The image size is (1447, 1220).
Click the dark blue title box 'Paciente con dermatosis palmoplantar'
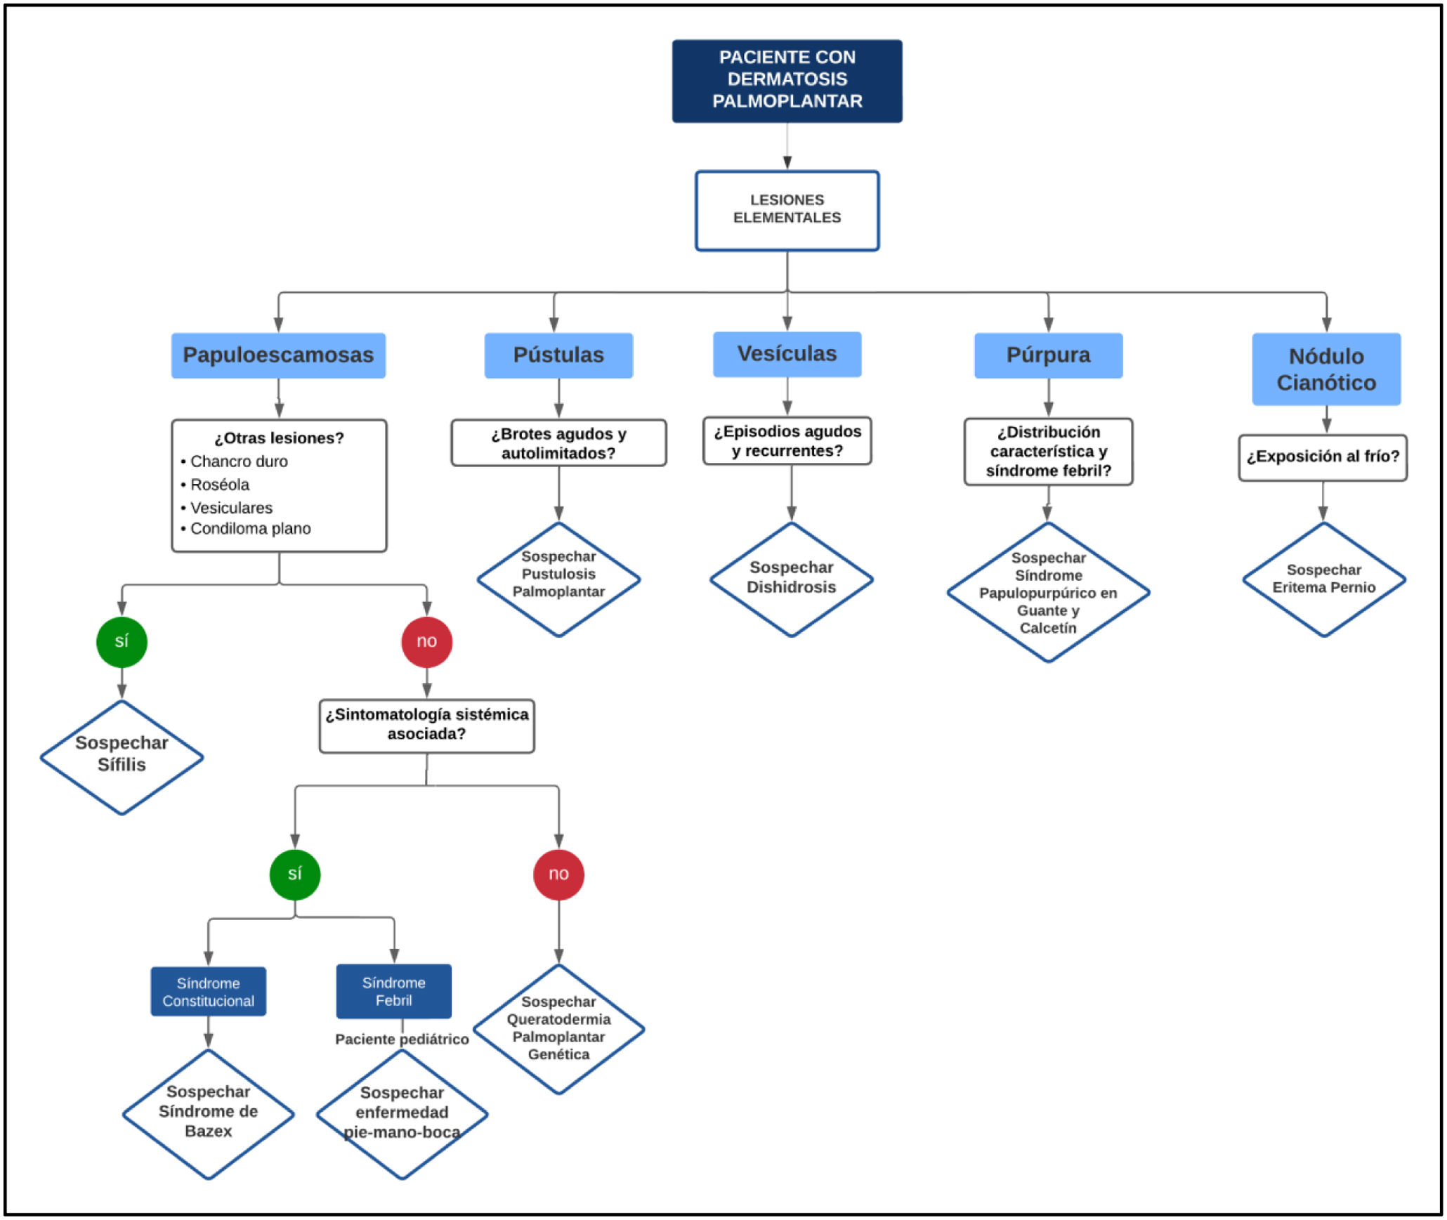[x=787, y=81]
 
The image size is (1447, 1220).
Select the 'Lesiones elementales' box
[x=787, y=210]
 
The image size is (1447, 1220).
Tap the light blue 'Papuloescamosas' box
[x=278, y=355]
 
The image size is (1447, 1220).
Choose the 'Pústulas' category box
[x=558, y=355]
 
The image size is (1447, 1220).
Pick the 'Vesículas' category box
[x=787, y=354]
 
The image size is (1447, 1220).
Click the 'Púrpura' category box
[x=1048, y=355]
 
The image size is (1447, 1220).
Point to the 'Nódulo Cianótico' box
[x=1326, y=369]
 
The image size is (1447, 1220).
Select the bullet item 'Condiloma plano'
[x=246, y=528]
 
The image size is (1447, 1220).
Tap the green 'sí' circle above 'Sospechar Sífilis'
[x=122, y=641]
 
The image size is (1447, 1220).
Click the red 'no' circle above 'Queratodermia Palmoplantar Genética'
[x=558, y=874]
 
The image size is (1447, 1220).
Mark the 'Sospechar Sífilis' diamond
[x=122, y=757]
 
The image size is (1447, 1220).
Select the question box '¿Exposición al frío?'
[x=1323, y=457]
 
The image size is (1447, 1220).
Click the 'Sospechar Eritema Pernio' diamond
[x=1323, y=579]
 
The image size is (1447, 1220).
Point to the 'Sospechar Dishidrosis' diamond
[x=791, y=579]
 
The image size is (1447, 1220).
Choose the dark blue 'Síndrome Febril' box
[x=393, y=991]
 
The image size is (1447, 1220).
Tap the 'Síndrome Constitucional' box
[x=208, y=991]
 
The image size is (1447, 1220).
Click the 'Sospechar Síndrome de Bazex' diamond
[x=208, y=1114]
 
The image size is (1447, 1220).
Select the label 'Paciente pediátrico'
[x=402, y=1039]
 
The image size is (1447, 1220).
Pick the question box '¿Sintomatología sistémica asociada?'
[x=426, y=726]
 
